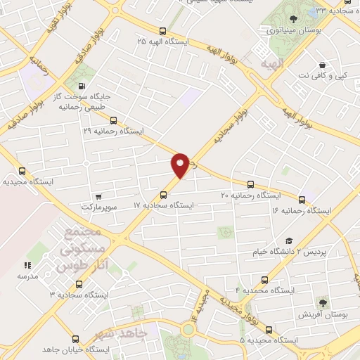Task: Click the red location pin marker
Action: (x=181, y=165)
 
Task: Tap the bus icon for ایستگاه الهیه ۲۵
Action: (x=163, y=31)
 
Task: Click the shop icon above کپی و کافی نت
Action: (x=322, y=64)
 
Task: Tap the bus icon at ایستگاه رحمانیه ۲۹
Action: (x=114, y=120)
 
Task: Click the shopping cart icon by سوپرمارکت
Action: (x=98, y=196)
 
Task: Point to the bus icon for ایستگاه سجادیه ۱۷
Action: (x=163, y=195)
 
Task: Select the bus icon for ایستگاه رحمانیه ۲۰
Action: (x=251, y=184)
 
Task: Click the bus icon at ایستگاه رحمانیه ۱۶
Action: (x=302, y=200)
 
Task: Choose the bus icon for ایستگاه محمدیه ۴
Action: (x=264, y=279)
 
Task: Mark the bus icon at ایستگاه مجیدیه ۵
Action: (x=269, y=329)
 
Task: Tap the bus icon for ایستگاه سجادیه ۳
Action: (x=77, y=284)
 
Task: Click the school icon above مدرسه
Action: (x=27, y=265)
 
